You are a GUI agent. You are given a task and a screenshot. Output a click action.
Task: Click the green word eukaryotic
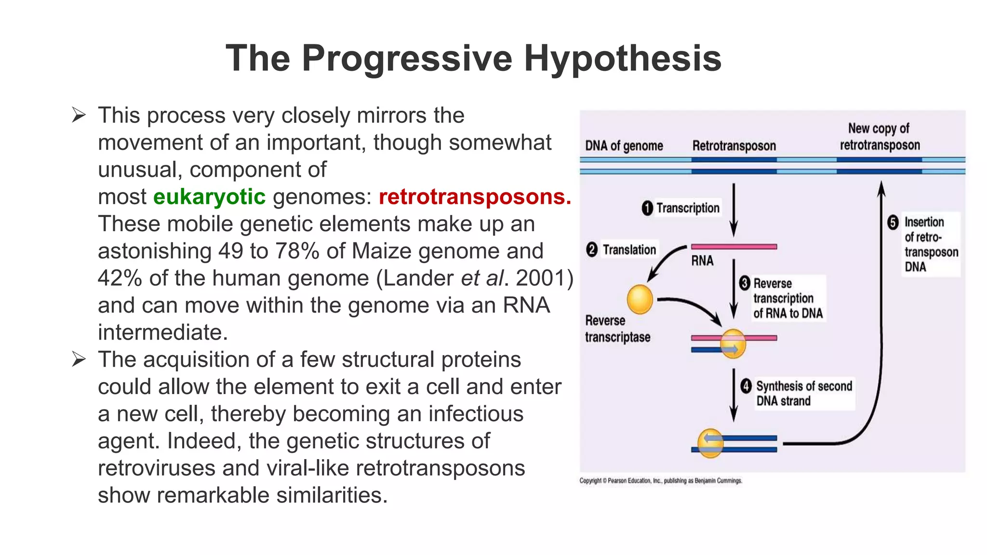pos(209,197)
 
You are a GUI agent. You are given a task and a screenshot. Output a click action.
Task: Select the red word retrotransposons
pos(474,197)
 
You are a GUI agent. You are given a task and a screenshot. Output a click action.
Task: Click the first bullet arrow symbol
pos(79,116)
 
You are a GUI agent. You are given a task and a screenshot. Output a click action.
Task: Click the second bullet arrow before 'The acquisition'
pos(79,359)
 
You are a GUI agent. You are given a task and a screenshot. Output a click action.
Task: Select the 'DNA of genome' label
pos(624,146)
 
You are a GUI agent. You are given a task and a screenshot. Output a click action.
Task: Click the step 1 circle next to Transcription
pos(647,208)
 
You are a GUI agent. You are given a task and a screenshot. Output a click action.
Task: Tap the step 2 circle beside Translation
pos(592,250)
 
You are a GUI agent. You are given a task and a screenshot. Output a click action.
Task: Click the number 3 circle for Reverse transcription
pos(745,283)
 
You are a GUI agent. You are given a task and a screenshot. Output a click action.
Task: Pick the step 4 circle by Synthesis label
pos(746,386)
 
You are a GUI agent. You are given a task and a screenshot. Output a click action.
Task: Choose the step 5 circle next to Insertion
pos(893,222)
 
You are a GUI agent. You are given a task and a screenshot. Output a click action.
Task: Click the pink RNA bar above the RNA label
pos(734,247)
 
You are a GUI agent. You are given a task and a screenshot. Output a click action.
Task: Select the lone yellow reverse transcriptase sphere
pos(640,299)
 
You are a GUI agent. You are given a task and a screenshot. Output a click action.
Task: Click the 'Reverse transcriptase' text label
pos(617,329)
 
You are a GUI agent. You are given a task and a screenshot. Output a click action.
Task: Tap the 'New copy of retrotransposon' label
pos(880,137)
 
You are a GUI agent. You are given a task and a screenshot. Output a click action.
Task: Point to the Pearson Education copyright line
pos(660,481)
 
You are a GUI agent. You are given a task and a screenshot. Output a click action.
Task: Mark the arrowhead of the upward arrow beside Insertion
pos(881,188)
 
